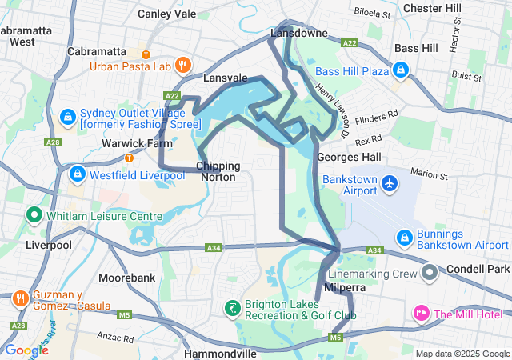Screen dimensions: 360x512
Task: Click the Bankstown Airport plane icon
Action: pyautogui.click(x=390, y=183)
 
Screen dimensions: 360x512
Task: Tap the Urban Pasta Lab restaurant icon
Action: pyautogui.click(x=183, y=65)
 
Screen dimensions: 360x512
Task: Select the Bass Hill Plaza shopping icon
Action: pyautogui.click(x=400, y=71)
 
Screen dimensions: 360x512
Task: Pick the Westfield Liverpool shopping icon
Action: pyautogui.click(x=77, y=174)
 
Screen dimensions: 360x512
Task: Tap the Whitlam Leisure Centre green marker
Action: pyautogui.click(x=34, y=214)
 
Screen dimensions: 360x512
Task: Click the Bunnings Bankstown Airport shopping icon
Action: pyautogui.click(x=405, y=238)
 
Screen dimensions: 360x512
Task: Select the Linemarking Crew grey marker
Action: pyautogui.click(x=430, y=274)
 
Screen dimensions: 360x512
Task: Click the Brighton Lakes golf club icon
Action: pyautogui.click(x=231, y=308)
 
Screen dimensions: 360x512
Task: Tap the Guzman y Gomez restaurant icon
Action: pyautogui.click(x=19, y=298)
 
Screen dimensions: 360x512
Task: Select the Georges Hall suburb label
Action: pyautogui.click(x=349, y=157)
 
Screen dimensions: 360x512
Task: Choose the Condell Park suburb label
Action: pyautogui.click(x=478, y=270)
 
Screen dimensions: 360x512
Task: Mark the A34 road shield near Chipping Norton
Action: pyautogui.click(x=214, y=248)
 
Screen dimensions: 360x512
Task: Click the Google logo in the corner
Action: pyautogui.click(x=26, y=350)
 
